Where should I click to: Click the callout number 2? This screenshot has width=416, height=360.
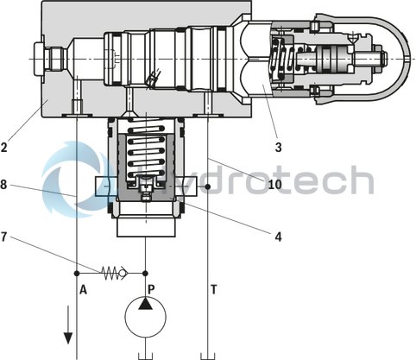pyautogui.click(x=5, y=147)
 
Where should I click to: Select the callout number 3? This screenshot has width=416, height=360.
pyautogui.click(x=278, y=148)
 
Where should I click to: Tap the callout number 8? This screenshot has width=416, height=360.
pyautogui.click(x=5, y=183)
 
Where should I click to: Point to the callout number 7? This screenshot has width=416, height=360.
pyautogui.click(x=5, y=237)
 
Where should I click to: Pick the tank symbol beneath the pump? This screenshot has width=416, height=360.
pyautogui.click(x=144, y=354)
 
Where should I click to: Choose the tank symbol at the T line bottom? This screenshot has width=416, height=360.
pyautogui.click(x=207, y=354)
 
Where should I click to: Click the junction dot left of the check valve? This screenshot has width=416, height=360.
pyautogui.click(x=78, y=273)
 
